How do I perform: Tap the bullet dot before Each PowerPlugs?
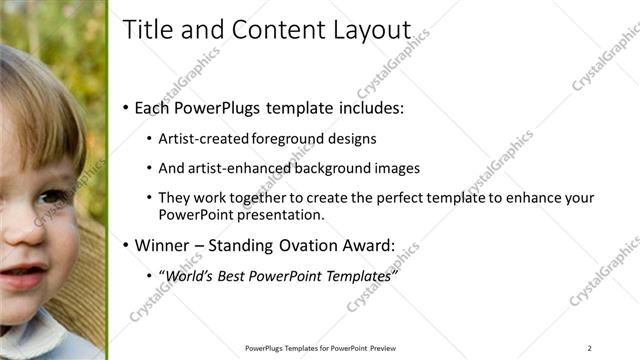(125, 108)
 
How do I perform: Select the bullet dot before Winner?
(125, 245)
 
